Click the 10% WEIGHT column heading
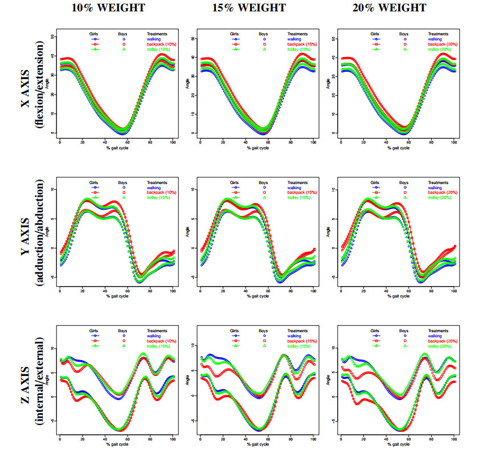(x=108, y=8)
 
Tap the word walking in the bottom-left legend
(x=155, y=335)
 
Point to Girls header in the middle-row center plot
(x=235, y=183)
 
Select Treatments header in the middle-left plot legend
(x=157, y=183)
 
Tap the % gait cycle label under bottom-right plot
(x=398, y=445)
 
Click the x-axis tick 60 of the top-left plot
(x=128, y=142)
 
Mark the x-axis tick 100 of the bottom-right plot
(x=454, y=439)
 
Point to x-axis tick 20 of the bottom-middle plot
(x=223, y=439)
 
